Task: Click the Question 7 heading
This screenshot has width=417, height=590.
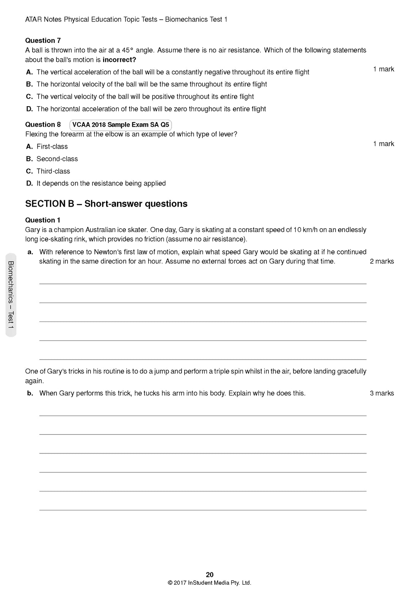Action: [43, 41]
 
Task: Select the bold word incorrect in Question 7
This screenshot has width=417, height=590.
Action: [119, 60]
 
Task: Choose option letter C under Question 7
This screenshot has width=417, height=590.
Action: [30, 97]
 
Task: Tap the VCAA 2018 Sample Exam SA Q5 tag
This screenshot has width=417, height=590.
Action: [121, 125]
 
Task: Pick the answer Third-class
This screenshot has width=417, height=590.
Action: [53, 171]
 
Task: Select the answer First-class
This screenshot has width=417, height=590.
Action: [52, 146]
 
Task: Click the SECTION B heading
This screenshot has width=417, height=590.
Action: [106, 204]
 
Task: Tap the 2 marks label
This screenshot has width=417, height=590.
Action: [382, 261]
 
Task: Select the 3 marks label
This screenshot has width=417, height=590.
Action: [382, 393]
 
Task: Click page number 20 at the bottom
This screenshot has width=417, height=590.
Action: [210, 574]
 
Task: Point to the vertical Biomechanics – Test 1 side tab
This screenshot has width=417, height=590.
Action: [11, 295]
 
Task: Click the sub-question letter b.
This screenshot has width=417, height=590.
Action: [30, 393]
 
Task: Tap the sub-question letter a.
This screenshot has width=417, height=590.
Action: [30, 252]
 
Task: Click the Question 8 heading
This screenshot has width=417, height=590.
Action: [43, 124]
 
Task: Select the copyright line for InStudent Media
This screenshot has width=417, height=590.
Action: [209, 583]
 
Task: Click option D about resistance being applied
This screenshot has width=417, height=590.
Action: [101, 184]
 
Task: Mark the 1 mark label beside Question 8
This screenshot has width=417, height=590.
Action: [384, 144]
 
